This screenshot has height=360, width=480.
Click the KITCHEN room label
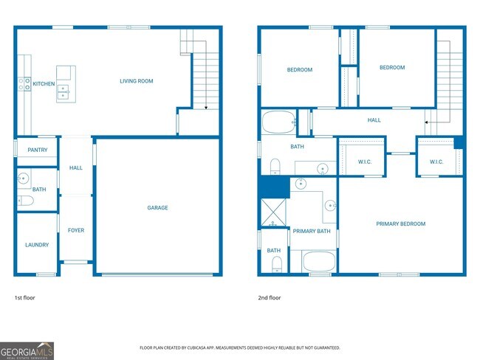[43, 84]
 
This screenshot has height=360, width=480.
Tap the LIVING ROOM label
[137, 81]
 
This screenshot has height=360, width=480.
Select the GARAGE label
[157, 208]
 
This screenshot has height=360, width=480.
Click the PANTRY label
[37, 150]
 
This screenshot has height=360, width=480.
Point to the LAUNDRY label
[37, 245]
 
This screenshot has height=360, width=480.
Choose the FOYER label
[76, 230]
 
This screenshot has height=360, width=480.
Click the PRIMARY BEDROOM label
[400, 224]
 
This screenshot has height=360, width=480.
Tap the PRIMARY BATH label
[311, 231]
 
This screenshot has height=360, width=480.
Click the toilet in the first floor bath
[25, 201]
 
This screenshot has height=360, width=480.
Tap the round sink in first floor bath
[24, 178]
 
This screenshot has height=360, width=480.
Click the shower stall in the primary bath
[275, 213]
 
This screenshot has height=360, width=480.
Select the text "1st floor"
[24, 298]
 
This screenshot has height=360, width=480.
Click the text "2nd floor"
[269, 298]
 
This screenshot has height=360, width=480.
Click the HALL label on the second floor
[374, 120]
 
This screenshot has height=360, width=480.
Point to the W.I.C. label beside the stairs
[436, 162]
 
